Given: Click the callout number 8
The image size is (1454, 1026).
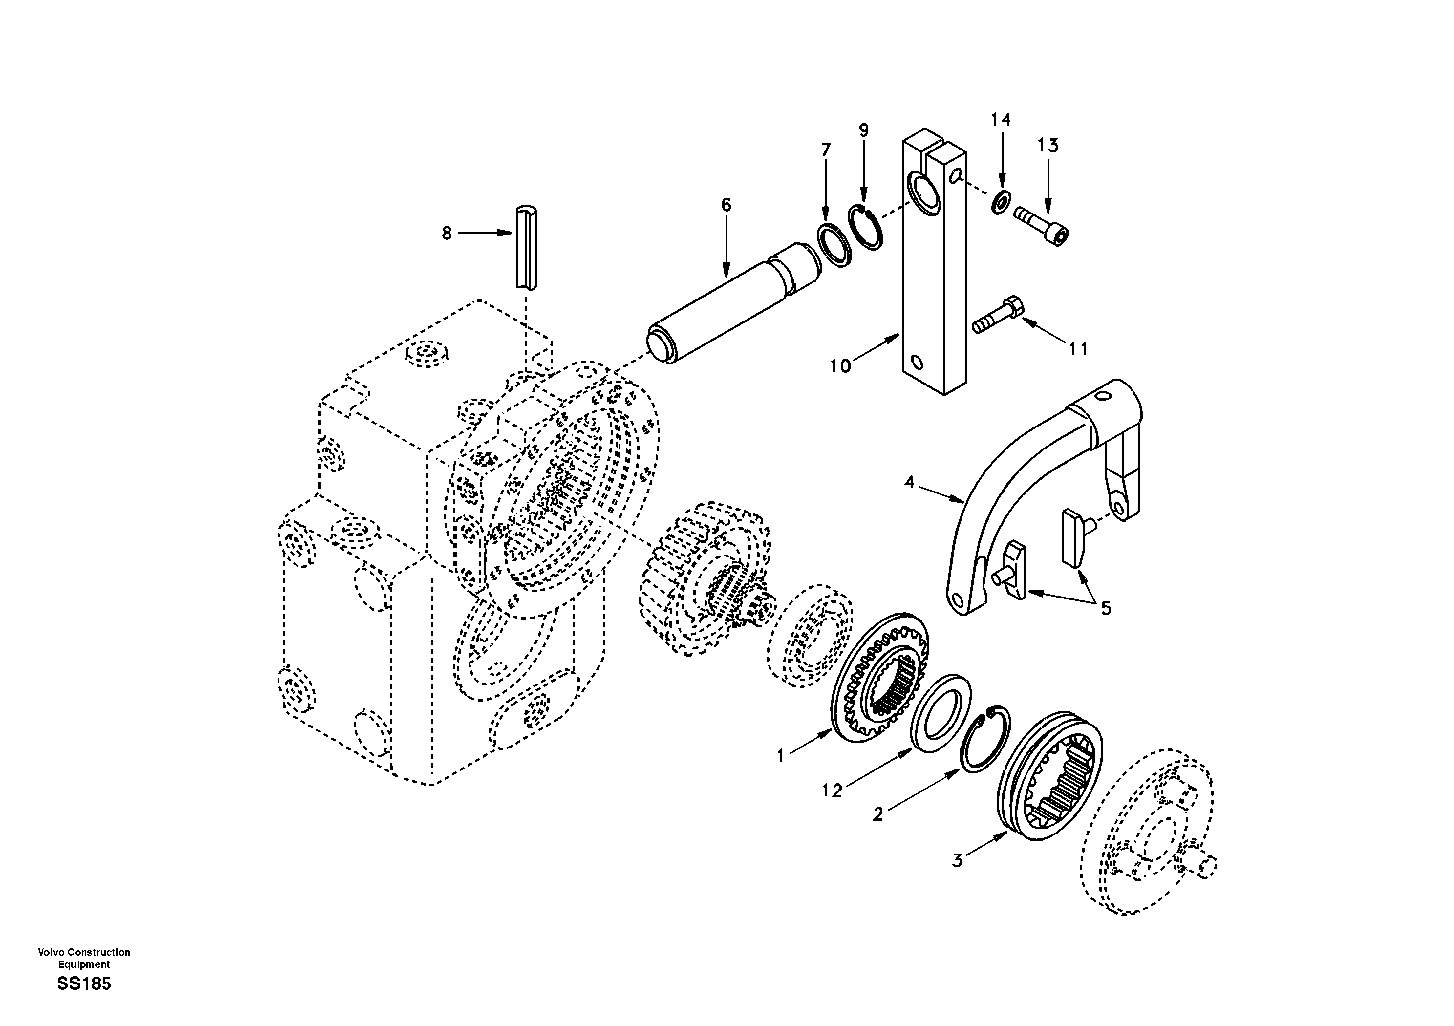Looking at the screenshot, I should (x=447, y=234).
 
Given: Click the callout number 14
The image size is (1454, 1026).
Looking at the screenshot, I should (x=1001, y=120).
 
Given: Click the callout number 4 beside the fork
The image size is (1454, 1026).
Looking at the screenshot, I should (x=909, y=483).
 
